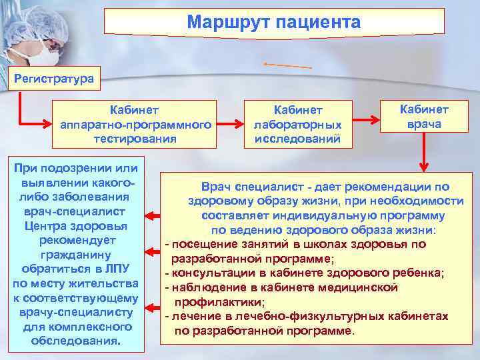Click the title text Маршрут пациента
(274, 23)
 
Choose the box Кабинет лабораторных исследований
(297, 123)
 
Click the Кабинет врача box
(424, 117)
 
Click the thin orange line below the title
(288, 65)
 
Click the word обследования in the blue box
(75, 341)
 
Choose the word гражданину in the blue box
(75, 255)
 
